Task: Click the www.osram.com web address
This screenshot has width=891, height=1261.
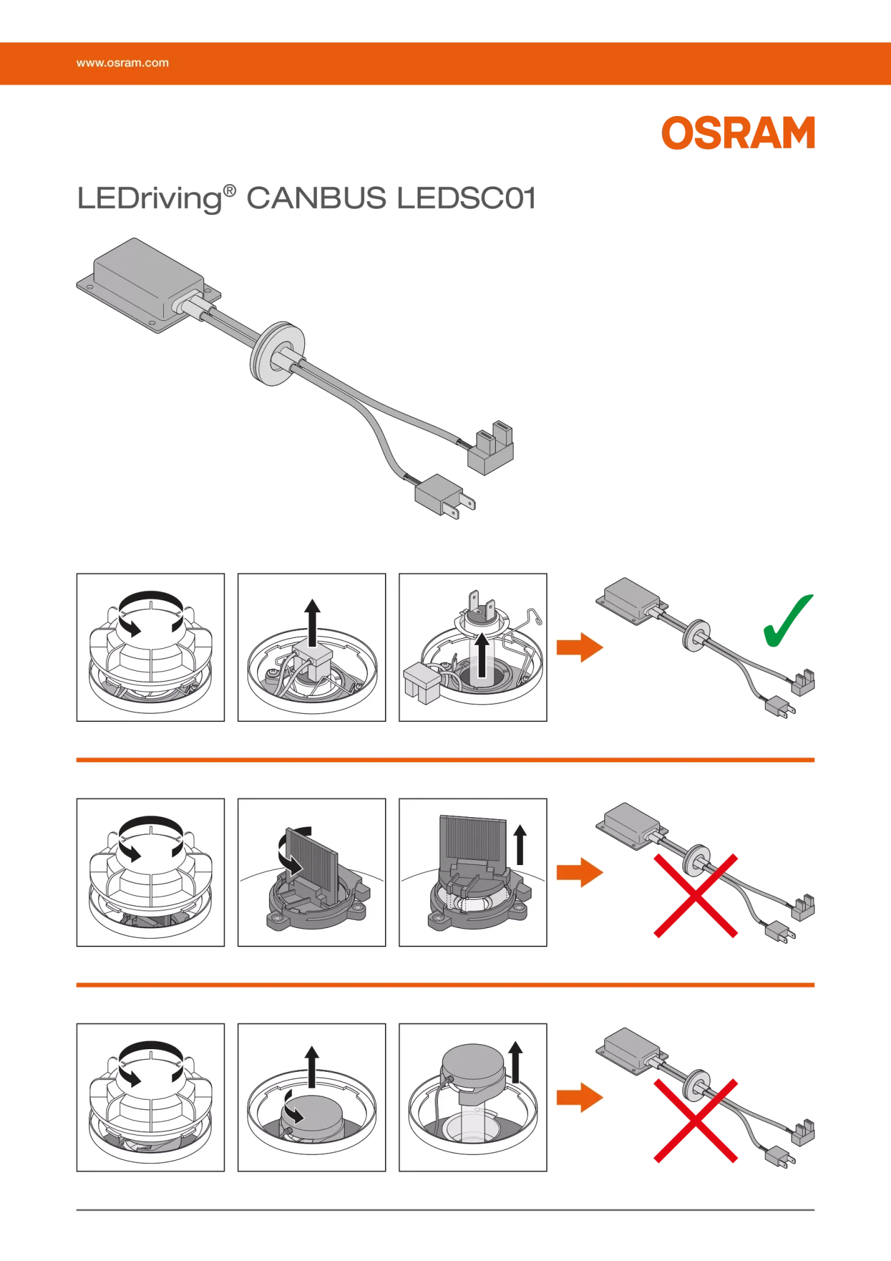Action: [122, 63]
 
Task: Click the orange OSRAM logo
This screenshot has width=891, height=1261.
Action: [738, 133]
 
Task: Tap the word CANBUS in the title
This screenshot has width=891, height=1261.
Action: [316, 198]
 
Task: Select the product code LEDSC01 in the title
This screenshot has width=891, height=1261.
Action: [466, 198]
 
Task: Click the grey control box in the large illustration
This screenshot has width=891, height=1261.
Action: [149, 285]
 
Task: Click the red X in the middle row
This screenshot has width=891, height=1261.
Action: [696, 896]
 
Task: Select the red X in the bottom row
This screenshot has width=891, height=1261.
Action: [696, 1120]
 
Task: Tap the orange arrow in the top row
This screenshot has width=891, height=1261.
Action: [580, 648]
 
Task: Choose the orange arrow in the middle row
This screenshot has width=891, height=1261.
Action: [580, 873]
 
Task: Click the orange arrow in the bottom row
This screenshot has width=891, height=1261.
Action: [580, 1098]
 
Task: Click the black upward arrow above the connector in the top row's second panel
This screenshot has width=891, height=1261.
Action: [312, 623]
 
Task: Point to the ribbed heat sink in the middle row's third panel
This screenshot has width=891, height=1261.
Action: [473, 839]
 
